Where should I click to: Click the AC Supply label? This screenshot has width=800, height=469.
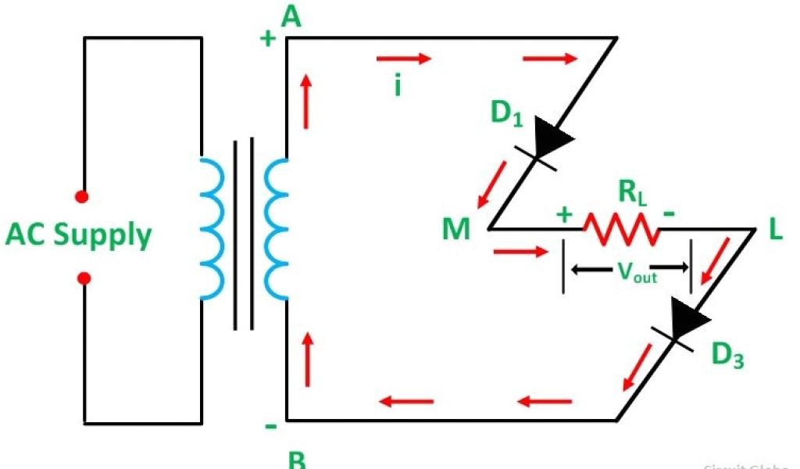78,235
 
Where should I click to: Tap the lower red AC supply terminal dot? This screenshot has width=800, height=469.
84,277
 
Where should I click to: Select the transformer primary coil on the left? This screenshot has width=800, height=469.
211,227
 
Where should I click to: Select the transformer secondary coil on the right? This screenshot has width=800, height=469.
276,227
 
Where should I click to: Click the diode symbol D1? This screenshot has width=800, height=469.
551,141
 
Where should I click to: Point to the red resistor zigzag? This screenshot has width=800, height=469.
621,229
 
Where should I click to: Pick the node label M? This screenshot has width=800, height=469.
456,230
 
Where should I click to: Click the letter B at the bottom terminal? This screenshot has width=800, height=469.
297,460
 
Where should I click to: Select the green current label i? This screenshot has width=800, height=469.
398,85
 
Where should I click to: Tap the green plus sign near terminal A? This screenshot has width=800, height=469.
267,39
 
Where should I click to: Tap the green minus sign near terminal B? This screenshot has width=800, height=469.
270,427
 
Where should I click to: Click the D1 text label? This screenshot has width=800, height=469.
505,114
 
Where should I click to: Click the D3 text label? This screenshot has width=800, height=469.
727,355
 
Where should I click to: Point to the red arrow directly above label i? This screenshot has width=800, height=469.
403,59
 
